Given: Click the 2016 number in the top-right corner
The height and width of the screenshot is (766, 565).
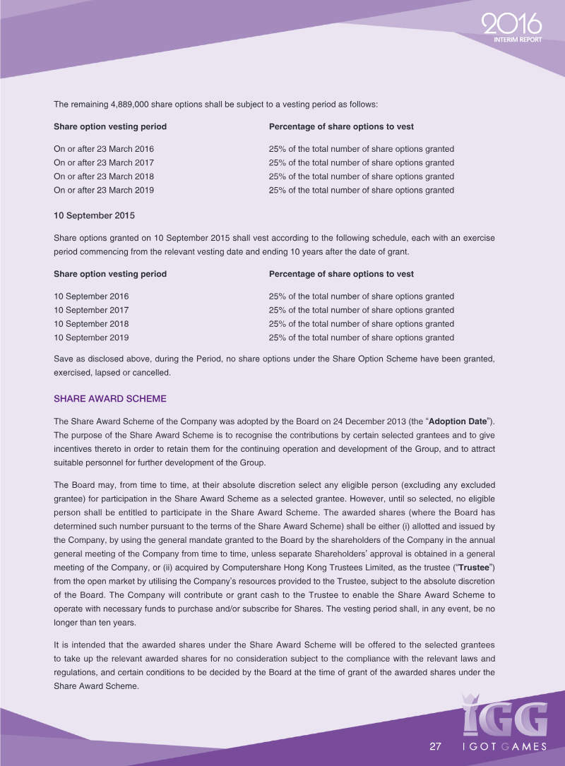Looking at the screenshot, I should (x=511, y=25).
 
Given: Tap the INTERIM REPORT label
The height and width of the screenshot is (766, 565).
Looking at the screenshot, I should (x=518, y=40).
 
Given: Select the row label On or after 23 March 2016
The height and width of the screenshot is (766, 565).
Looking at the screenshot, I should (x=104, y=149).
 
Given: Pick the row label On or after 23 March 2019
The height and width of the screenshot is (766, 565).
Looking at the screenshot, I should (x=104, y=190).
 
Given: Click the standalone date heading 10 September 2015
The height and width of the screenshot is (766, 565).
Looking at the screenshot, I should (x=94, y=215).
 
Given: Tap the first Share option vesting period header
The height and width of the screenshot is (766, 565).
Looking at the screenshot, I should (x=110, y=126).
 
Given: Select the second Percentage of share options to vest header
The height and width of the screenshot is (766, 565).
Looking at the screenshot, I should (x=341, y=274).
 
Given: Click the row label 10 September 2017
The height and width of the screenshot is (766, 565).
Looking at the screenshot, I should (x=91, y=310).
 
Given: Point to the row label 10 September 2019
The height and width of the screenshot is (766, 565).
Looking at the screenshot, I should (x=91, y=337).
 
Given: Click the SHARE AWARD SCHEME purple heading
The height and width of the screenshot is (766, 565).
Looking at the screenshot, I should (x=110, y=399).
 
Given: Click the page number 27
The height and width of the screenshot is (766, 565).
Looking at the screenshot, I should (x=436, y=747).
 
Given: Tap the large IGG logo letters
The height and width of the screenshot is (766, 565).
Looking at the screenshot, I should (x=504, y=715).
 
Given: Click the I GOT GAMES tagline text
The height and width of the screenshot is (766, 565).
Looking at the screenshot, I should (x=504, y=747).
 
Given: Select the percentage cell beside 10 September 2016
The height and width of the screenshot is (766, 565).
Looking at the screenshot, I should (x=361, y=297).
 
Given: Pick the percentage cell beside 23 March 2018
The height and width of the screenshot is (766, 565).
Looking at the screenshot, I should (x=361, y=176).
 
